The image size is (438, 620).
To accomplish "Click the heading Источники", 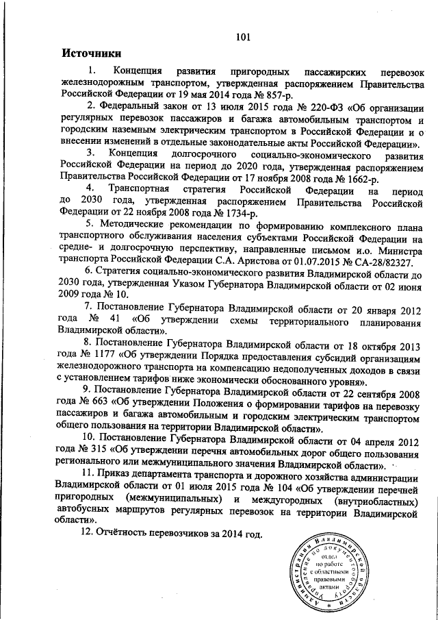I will click(x=92, y=53).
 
